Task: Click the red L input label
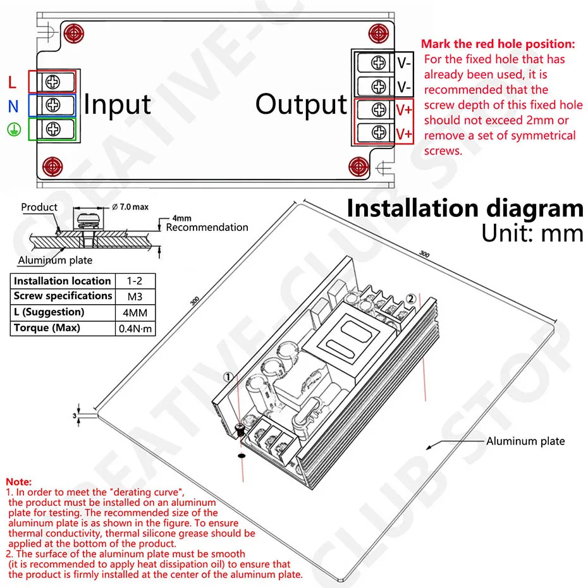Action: tap(13, 82)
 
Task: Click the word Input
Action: tap(117, 104)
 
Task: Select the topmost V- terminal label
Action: tap(404, 63)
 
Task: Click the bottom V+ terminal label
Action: tap(404, 133)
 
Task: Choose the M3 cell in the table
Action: tap(134, 296)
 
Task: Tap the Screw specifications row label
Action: tap(63, 296)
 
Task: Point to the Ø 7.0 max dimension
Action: tap(129, 207)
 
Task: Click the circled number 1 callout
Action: tap(228, 377)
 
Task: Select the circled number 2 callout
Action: tap(410, 298)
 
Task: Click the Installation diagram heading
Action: tap(465, 209)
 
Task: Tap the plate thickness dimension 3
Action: tap(74, 415)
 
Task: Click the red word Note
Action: tap(18, 482)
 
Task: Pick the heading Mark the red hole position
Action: tap(498, 44)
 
